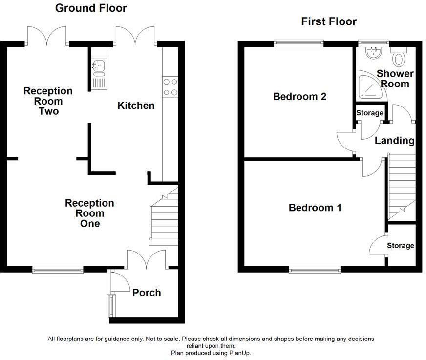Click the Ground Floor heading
pos(91,8)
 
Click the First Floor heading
pos(329,21)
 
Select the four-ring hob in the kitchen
pos(170,87)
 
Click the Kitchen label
pos(136,106)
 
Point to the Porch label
pos(147,293)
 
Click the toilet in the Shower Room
pos(399,57)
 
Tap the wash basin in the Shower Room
pos(374,52)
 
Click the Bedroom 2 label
pos(299,96)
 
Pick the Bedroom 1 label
pos(315,208)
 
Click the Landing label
pos(394,141)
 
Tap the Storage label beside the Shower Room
pos(370,113)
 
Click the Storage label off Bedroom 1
pos(401,245)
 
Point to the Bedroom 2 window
pos(299,43)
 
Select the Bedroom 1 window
pos(315,269)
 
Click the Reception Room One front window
pos(58,270)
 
